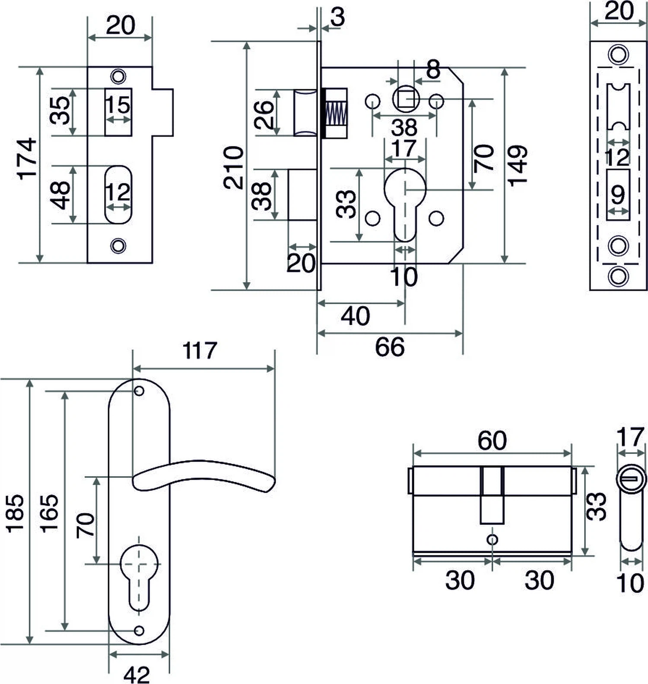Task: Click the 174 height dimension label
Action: click(x=27, y=159)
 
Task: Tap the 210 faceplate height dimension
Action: click(x=234, y=168)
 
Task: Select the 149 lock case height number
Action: click(x=518, y=166)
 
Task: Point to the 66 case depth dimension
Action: click(x=390, y=347)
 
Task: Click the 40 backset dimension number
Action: click(x=355, y=317)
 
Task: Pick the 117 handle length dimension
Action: click(x=199, y=351)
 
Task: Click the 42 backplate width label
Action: click(x=137, y=674)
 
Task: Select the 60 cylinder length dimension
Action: click(x=492, y=440)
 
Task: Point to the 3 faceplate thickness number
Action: click(x=338, y=17)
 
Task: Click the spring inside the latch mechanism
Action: click(x=336, y=114)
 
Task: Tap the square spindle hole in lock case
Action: click(x=406, y=99)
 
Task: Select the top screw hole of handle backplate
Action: click(x=139, y=391)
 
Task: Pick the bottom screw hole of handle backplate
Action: click(x=139, y=630)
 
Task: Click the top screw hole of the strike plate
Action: click(x=118, y=76)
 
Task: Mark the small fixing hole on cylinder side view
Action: click(x=492, y=539)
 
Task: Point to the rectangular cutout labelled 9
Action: click(x=618, y=195)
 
